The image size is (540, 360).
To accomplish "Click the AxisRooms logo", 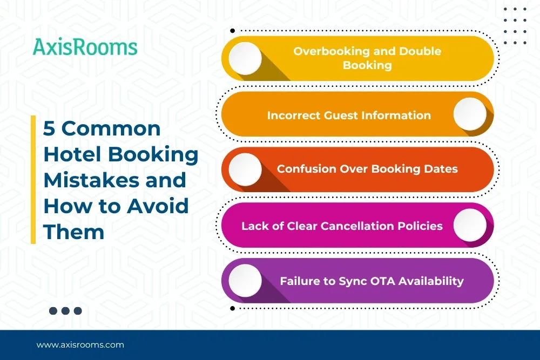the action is coord(85,47).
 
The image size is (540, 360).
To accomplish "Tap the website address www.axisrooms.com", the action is coord(80,345).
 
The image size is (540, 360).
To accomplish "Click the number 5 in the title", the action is coord(49,128).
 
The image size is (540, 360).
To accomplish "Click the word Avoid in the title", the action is coord(158,206).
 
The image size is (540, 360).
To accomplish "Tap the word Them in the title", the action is coord(73,232).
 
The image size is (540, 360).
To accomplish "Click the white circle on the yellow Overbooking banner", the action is coord(245,58).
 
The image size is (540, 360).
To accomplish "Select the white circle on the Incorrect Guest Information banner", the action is coord(470,114).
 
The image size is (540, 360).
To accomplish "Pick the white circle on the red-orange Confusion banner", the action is coord(245,169).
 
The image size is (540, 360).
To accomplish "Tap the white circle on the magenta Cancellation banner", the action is coord(470,225).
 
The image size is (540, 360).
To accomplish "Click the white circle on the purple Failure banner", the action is coord(245,281).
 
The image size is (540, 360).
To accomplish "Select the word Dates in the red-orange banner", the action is coord(441,168).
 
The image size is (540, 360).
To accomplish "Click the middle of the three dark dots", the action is coord(65,311).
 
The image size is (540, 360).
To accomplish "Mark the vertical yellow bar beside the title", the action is coord(33,179).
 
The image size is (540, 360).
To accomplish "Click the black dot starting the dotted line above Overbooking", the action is coord(232,31).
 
